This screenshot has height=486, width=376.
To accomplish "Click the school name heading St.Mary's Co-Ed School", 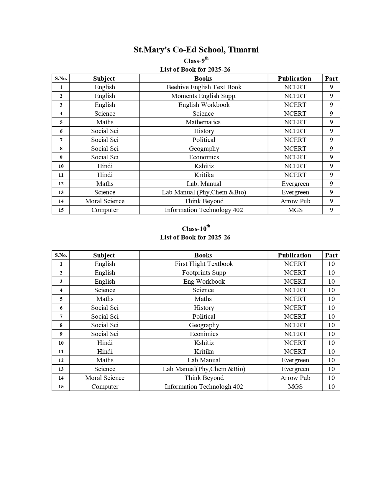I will pos(196,49).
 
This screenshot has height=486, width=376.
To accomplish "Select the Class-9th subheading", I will pos(196,61).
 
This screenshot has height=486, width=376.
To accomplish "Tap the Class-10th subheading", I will pos(196,229).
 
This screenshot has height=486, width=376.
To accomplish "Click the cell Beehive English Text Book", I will pos(204,87).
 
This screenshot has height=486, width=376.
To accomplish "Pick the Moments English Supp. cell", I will pos(204,96).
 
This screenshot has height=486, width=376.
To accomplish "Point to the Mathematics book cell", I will pos(203,122).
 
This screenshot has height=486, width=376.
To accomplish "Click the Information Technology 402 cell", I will pos(204,210).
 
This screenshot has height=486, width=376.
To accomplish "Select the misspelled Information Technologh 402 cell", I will pos(204,387).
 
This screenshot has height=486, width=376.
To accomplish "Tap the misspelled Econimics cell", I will pos(204,334).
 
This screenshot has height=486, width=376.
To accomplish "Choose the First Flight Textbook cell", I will pos(204,264).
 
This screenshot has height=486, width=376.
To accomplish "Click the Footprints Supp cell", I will pos(204,273).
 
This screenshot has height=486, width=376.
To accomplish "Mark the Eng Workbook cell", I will pos(204,282).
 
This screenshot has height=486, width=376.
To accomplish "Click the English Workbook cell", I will pos(204,105).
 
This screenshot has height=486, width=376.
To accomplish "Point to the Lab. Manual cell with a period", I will pos(204,184).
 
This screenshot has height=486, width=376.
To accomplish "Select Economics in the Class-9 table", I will pos(204,157).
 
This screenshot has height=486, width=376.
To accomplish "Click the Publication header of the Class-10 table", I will pos(294,255).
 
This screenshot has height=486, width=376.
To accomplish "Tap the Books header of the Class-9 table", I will pos(203,79).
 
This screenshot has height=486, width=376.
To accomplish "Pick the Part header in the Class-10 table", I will pos(331,255).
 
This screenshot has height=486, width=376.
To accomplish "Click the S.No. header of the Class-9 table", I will pos(61,79).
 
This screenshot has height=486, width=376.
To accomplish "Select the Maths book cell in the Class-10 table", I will pos(203,299).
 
